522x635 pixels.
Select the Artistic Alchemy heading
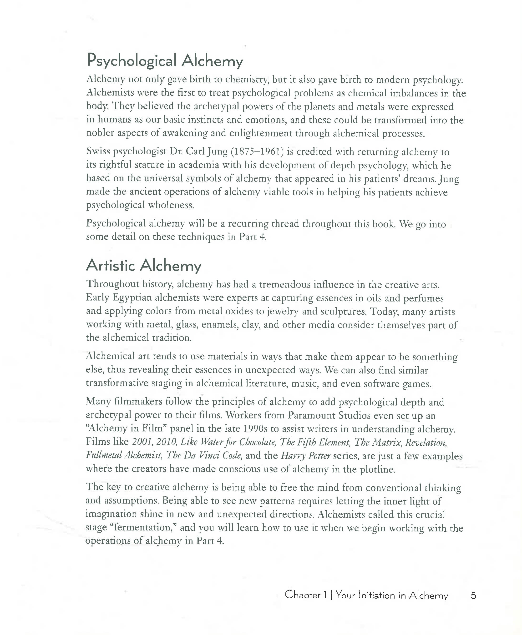[x=143, y=266]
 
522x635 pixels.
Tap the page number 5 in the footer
[x=473, y=595]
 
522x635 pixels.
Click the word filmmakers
[x=139, y=402]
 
